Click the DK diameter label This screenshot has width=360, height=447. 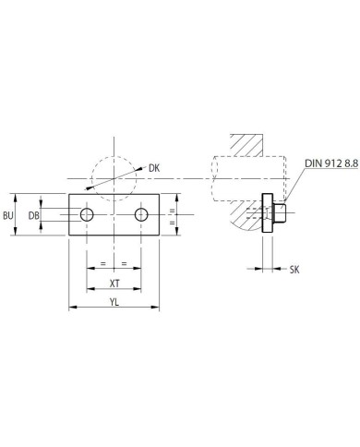pos(154,168)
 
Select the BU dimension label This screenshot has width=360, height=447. pos(8,216)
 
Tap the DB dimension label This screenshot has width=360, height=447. pos(34,216)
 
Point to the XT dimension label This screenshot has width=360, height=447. pos(114,284)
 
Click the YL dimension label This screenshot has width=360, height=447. pos(114,303)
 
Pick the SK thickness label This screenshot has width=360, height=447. pos(294,270)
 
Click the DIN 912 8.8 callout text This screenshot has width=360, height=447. pos(331,163)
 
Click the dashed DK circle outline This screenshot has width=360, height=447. pos(114,157)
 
